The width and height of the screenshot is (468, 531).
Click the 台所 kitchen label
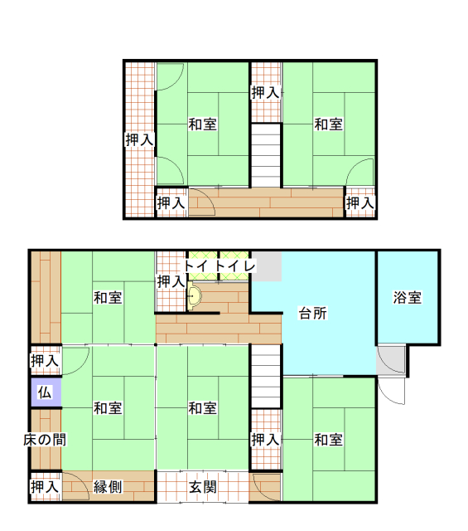pyautogui.click(x=313, y=314)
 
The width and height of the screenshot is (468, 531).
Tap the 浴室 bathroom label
pyautogui.click(x=408, y=297)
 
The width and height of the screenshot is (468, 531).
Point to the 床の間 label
pyautogui.click(x=45, y=440)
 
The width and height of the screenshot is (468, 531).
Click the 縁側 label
pyautogui.click(x=108, y=487)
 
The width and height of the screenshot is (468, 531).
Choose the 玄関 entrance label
pyautogui.click(x=203, y=487)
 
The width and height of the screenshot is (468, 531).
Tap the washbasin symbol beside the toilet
pyautogui.click(x=195, y=296)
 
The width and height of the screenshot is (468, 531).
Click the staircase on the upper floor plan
pyautogui.click(x=266, y=155)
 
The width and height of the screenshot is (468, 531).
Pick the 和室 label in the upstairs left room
pyautogui.click(x=203, y=124)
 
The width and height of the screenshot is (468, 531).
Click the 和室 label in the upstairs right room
pyautogui.click(x=329, y=124)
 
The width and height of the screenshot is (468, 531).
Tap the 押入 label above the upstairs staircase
pyautogui.click(x=266, y=92)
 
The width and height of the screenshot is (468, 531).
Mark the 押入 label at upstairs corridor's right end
pyautogui.click(x=360, y=202)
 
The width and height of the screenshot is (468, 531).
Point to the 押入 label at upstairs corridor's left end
pyautogui.click(x=171, y=202)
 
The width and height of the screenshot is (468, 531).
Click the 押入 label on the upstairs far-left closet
pyautogui.click(x=139, y=140)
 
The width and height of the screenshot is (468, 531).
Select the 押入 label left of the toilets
pyautogui.click(x=171, y=282)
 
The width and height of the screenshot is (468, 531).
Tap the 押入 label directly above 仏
pyautogui.click(x=45, y=361)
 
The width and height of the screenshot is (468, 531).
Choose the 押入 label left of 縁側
pyautogui.click(x=45, y=487)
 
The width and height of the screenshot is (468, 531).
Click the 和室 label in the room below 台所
pyautogui.click(x=329, y=440)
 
